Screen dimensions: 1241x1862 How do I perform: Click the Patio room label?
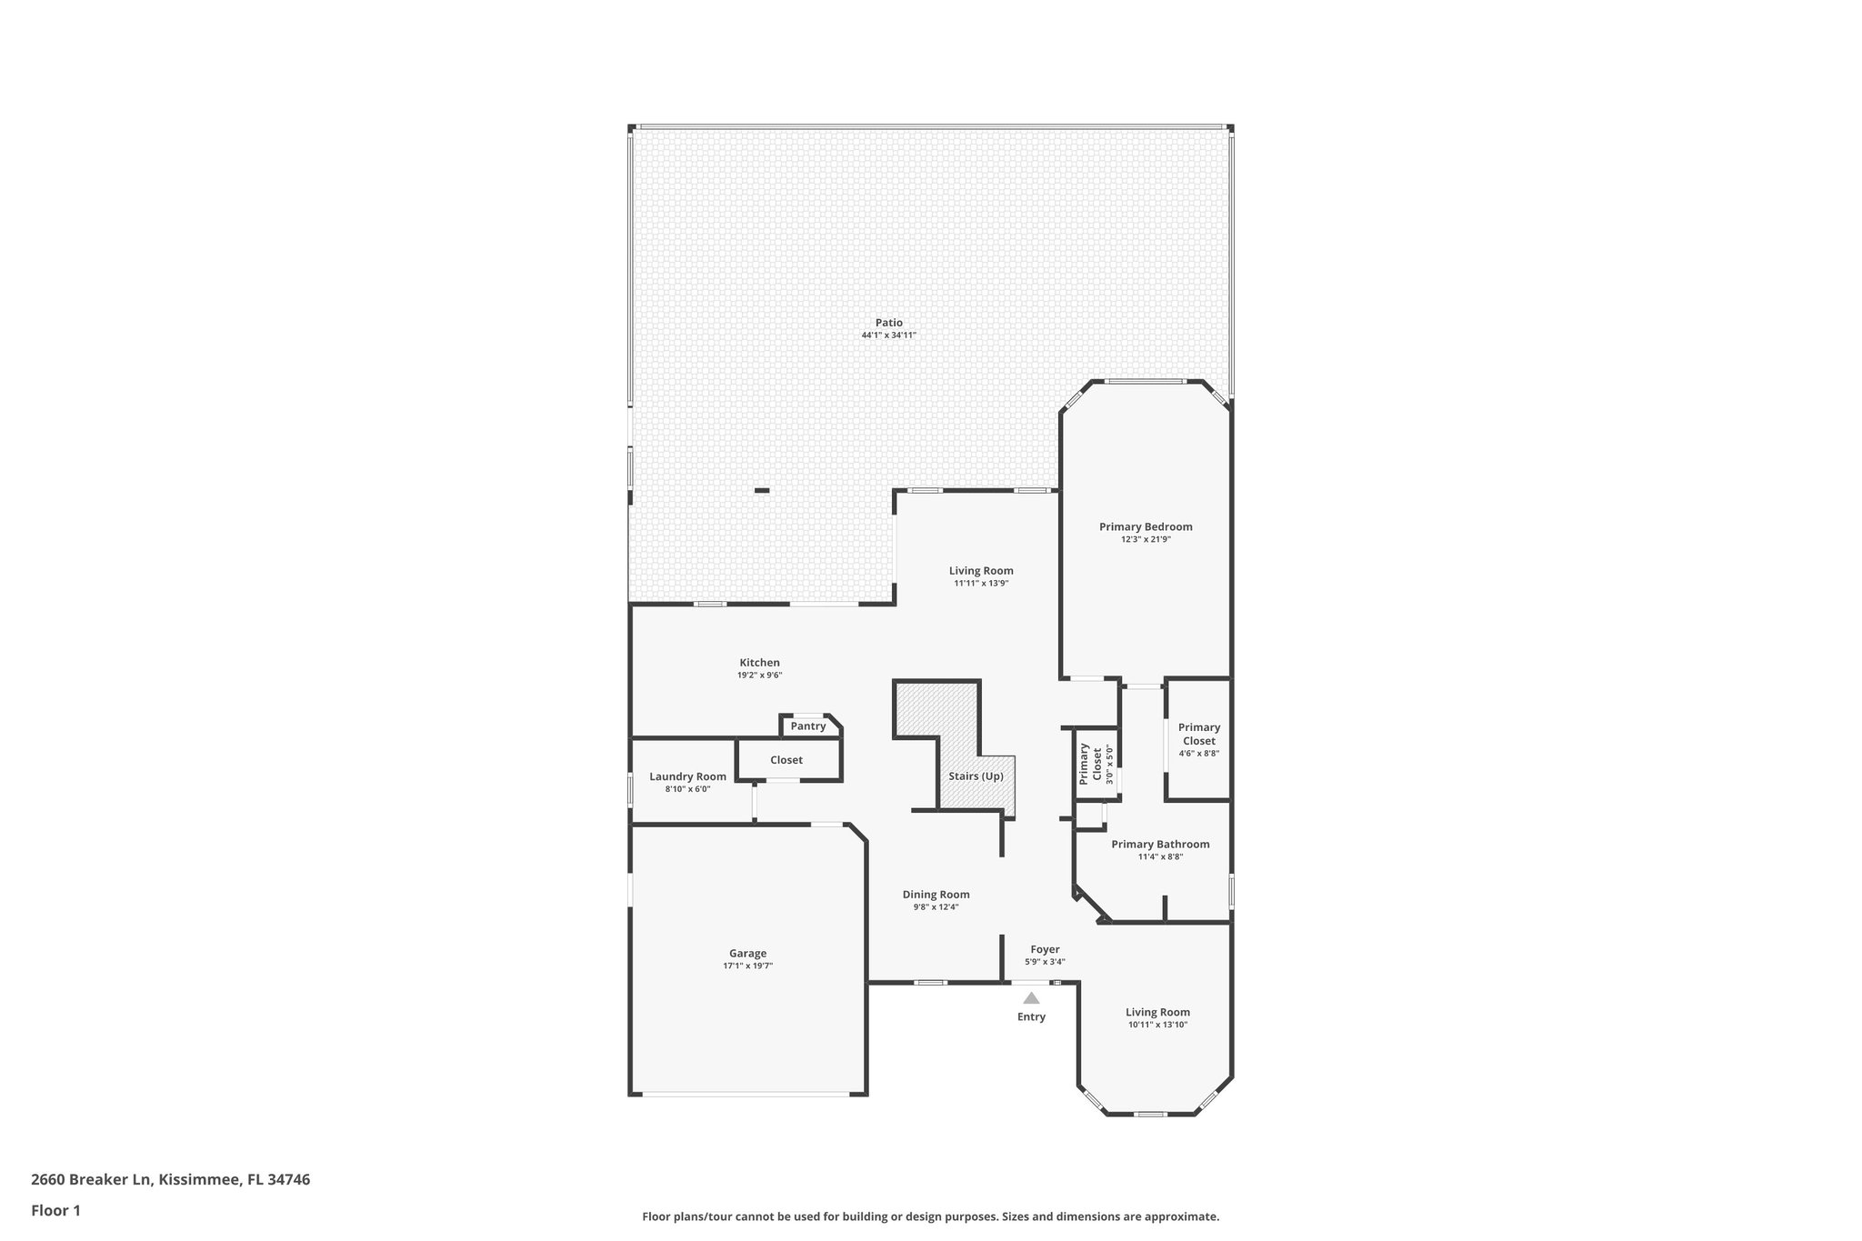(888, 323)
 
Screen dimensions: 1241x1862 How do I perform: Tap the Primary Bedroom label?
(1146, 527)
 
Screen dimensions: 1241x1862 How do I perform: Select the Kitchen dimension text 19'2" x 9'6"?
(759, 676)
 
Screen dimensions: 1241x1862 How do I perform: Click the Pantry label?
(808, 726)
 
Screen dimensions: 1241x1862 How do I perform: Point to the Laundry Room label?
(687, 776)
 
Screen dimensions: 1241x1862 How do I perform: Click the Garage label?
(747, 954)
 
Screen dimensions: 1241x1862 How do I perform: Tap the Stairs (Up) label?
(976, 776)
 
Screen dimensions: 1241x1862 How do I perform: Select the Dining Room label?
(936, 895)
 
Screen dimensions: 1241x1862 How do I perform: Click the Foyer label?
(1045, 949)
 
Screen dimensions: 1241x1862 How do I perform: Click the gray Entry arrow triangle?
(1031, 998)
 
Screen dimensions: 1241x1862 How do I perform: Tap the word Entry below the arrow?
(1031, 1017)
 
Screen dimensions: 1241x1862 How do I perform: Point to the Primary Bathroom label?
(1160, 845)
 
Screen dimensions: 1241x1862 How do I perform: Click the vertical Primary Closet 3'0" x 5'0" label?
(1090, 765)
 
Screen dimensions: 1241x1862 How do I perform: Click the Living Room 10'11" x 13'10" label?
(1157, 1013)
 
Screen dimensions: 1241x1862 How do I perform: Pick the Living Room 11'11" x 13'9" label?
(981, 572)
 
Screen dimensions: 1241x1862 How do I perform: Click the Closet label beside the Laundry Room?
(786, 760)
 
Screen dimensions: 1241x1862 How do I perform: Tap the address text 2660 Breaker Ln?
(91, 1180)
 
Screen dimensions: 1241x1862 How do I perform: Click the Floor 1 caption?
(55, 1211)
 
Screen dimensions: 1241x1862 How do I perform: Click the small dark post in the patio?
(762, 491)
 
